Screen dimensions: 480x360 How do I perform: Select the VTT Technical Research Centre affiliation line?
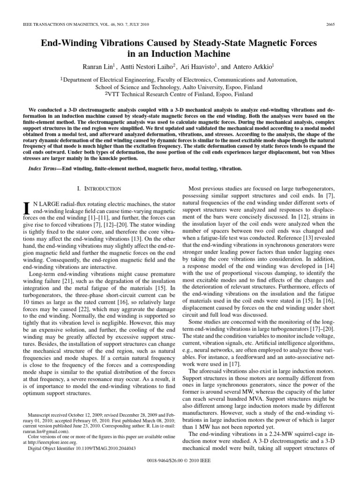tap(180, 94)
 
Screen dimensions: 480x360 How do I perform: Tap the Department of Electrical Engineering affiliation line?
tap(180, 80)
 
